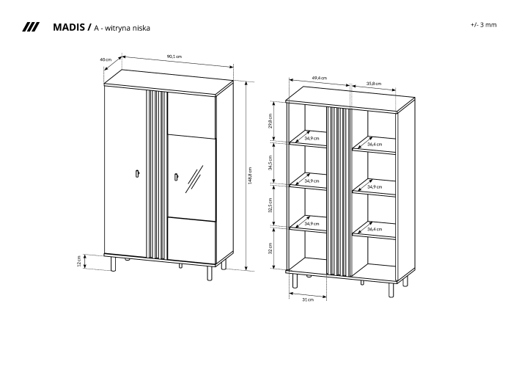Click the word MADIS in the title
tap(68, 27)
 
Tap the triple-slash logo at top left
tap(31, 27)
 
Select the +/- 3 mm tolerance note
tap(484, 24)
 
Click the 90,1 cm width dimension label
tap(174, 57)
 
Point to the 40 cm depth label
tap(106, 59)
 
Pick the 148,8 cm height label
tap(250, 175)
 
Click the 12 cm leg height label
tap(78, 261)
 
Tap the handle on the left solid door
tap(137, 174)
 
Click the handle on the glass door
tap(177, 178)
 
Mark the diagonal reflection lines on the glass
tap(194, 178)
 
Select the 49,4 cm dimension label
tap(320, 78)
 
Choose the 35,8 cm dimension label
tap(374, 84)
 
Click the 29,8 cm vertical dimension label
tap(270, 120)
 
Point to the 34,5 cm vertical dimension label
tap(270, 162)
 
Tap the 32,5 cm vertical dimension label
tap(270, 206)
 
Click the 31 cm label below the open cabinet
tap(308, 299)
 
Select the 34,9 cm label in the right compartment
tap(375, 186)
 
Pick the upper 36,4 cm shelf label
tap(375, 144)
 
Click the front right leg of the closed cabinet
tap(209, 273)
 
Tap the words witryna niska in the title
tap(128, 28)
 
